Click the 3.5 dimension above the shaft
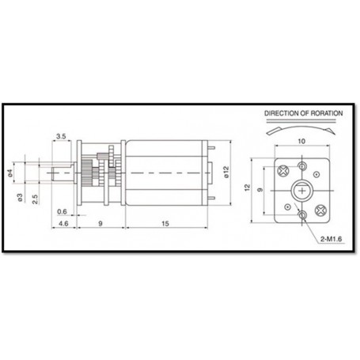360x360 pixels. click(62, 136)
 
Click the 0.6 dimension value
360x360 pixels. click(62, 210)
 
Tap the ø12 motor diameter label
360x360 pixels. click(225, 172)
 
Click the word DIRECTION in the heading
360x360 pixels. click(283, 114)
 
